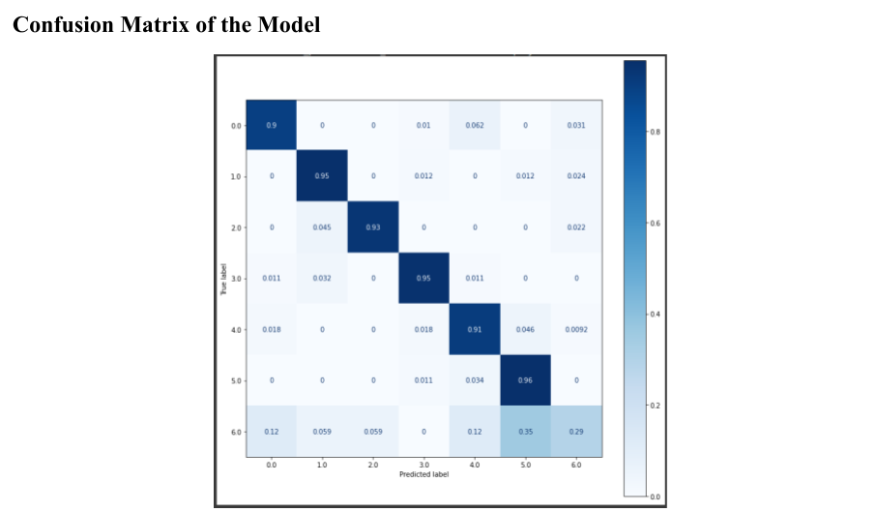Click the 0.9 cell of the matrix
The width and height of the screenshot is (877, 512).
tap(271, 125)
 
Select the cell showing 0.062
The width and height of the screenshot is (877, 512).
tap(474, 125)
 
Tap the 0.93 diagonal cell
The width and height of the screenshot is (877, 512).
tap(372, 226)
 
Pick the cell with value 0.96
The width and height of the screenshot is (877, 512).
tap(525, 380)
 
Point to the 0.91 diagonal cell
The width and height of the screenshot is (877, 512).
tap(474, 329)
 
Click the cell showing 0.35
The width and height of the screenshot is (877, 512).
tap(525, 431)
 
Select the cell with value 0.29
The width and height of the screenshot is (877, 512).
tap(576, 431)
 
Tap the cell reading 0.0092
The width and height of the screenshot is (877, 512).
tap(576, 329)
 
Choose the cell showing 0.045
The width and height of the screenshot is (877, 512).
tap(322, 226)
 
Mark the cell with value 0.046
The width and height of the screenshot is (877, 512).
tap(525, 329)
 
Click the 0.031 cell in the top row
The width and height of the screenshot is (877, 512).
tap(576, 125)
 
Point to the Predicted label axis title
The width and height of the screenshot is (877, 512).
tap(423, 474)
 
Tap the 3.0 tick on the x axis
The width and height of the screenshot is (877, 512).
tap(423, 466)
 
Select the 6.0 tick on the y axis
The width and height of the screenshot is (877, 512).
tap(236, 431)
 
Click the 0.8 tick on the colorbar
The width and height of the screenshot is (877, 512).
tap(655, 132)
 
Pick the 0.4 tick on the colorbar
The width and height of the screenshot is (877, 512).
tap(655, 315)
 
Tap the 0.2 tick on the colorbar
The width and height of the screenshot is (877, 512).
tap(655, 406)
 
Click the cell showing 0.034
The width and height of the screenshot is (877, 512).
tap(474, 380)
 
